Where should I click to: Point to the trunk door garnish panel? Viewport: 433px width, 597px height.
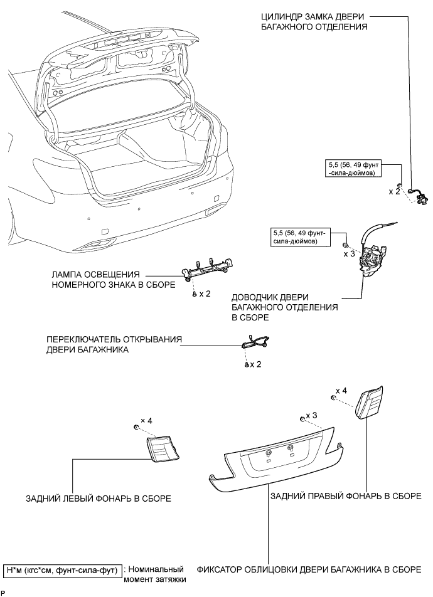(x=276, y=461)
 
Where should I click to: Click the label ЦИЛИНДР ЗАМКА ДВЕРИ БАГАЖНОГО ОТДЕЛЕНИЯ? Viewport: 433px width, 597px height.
(x=314, y=21)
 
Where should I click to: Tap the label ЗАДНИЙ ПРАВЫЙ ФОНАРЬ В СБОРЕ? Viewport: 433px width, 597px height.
(x=346, y=496)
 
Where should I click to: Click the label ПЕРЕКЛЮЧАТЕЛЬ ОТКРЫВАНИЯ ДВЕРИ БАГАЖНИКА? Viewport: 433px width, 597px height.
(x=114, y=345)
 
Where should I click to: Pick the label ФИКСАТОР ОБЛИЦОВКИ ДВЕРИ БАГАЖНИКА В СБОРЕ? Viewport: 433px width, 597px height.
(x=309, y=570)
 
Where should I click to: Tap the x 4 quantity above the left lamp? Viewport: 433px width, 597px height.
(x=147, y=420)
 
